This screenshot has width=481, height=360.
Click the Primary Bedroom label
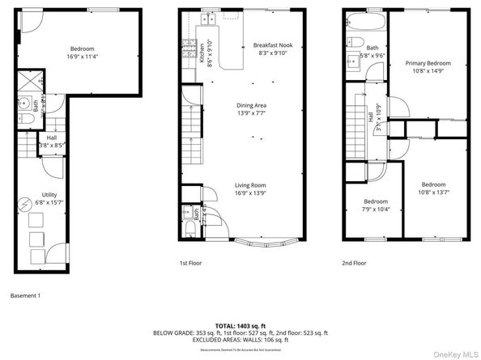click(427, 62)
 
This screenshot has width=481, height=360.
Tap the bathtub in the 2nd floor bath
click(365, 19)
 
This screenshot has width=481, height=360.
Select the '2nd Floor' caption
click(354, 263)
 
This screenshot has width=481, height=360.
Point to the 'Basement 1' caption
click(24, 295)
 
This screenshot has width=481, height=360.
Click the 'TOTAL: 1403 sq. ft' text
click(240, 324)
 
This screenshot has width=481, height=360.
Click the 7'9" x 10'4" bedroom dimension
click(375, 210)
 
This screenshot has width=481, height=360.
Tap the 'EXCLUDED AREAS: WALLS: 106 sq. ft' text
click(240, 340)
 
